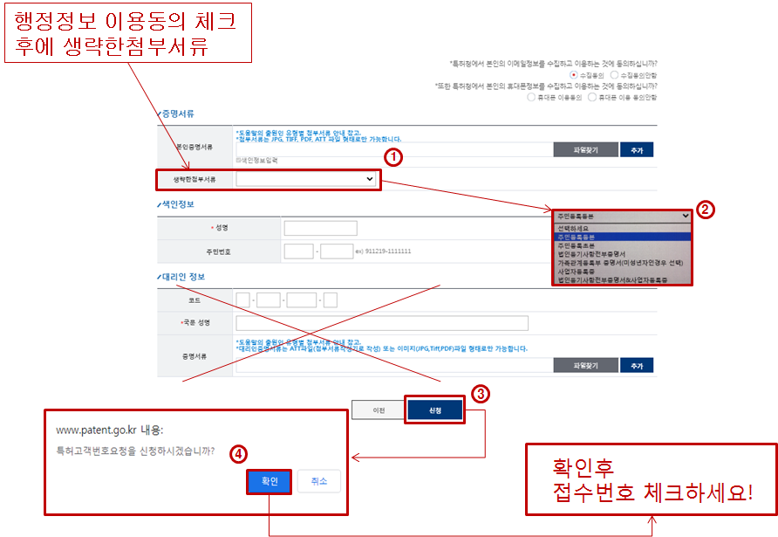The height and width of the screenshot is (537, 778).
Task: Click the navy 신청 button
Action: click(434, 410)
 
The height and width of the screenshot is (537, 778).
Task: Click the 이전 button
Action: click(379, 410)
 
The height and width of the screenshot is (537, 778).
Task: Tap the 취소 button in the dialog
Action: click(318, 481)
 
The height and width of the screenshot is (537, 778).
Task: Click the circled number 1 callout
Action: click(393, 157)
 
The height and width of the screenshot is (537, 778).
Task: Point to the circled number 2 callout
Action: click(706, 210)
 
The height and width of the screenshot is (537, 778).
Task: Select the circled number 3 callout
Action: click(480, 393)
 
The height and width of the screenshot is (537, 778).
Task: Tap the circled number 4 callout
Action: click(236, 454)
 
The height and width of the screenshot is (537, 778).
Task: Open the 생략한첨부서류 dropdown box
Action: click(306, 179)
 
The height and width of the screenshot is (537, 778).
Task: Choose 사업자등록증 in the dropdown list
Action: click(577, 272)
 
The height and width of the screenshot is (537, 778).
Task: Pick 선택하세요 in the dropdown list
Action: click(577, 228)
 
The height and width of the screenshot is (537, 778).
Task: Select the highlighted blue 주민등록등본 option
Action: click(577, 237)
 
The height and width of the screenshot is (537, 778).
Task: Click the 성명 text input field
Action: click(320, 228)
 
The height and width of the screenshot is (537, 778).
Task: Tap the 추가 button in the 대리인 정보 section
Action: click(637, 366)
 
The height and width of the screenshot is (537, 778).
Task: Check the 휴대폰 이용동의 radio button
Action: click(533, 97)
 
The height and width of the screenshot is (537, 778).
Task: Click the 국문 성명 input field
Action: click(382, 323)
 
